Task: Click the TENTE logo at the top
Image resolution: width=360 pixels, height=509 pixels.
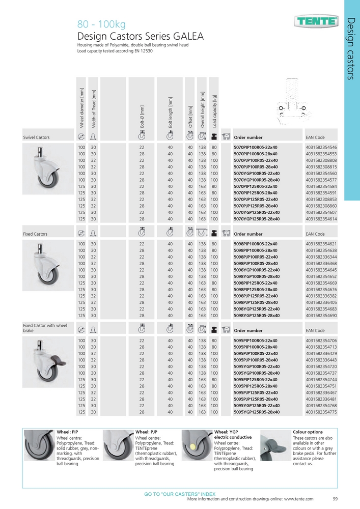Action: tap(316, 21)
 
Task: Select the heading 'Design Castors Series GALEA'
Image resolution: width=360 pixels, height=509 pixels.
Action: tap(140, 37)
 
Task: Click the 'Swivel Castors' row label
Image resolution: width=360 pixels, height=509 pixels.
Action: tap(37, 137)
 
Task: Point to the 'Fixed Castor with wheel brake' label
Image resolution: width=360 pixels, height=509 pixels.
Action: tap(45, 328)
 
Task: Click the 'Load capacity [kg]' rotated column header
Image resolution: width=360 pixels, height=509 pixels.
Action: tap(215, 111)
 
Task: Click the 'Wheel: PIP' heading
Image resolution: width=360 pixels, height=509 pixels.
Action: tap(67, 432)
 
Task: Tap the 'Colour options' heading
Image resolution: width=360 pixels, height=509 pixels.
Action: tap(308, 432)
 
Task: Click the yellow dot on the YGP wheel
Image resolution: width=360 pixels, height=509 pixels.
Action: tap(193, 445)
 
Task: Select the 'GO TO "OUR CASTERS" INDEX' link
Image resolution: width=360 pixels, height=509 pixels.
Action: tap(180, 494)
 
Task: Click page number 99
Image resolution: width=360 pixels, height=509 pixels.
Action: tap(335, 499)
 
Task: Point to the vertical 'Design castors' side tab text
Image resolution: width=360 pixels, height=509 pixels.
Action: tap(351, 48)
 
